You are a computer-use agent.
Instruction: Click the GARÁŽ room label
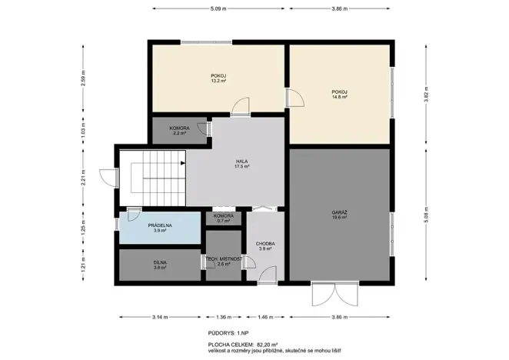(340, 213)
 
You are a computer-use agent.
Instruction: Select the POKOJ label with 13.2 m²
(218, 77)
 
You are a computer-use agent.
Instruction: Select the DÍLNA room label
(159, 265)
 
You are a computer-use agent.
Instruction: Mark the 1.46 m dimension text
(265, 317)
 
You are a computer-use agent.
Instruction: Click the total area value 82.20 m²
(262, 345)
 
